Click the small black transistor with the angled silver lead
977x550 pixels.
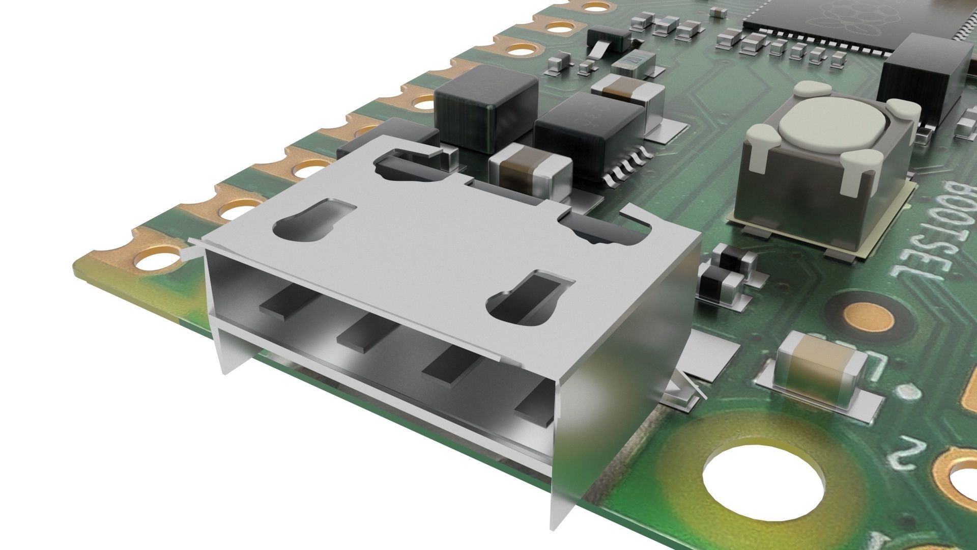[x=609, y=39]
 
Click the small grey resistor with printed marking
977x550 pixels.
[x=634, y=62]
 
